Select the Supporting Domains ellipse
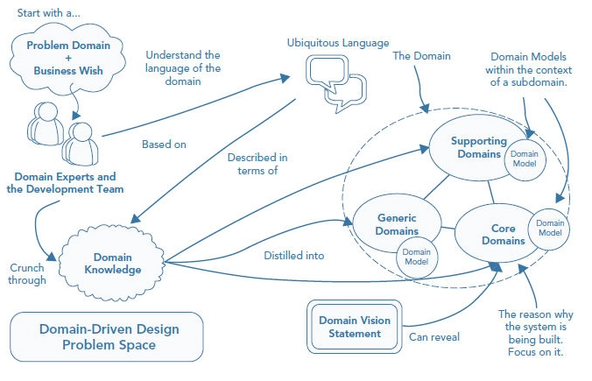(x=472, y=145)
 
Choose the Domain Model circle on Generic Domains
(x=416, y=258)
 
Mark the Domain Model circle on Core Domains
(x=548, y=226)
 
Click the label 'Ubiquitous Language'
(x=338, y=42)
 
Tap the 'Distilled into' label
(x=293, y=256)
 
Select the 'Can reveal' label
(x=433, y=336)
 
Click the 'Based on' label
(x=163, y=145)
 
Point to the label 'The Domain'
(x=421, y=56)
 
